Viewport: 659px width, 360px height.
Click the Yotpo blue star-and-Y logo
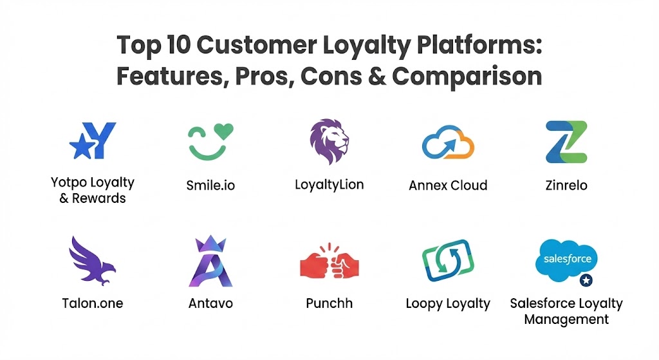pos(93,140)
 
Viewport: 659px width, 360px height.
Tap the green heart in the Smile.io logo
pos(223,131)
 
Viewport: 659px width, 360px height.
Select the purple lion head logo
pos(329,141)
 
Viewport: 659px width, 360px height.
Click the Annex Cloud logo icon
pos(448,142)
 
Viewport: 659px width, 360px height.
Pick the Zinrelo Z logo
pos(566,142)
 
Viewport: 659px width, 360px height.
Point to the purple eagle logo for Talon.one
pos(92,261)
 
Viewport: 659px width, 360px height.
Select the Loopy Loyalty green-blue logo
pos(448,260)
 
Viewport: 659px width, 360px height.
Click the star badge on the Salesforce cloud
pos(586,280)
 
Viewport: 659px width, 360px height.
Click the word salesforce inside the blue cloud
pos(568,259)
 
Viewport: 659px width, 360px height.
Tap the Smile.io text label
pos(210,185)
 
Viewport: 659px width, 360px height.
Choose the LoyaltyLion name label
pos(329,185)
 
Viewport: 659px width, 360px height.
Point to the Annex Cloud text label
pos(448,185)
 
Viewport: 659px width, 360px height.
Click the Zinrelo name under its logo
pos(566,185)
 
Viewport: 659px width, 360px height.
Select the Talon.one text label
pos(93,303)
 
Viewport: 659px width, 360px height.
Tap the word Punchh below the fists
pos(329,303)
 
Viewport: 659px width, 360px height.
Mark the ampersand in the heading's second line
pos(376,77)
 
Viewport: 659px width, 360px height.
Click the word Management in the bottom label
pos(566,319)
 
